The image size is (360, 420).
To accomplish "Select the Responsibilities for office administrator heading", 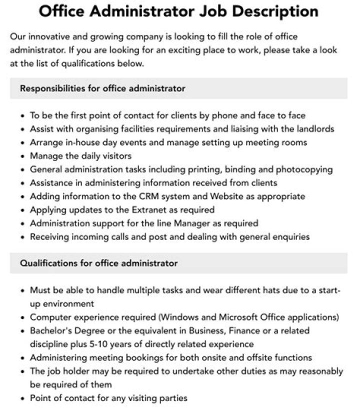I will click(102, 88).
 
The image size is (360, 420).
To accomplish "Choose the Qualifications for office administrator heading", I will click(98, 263).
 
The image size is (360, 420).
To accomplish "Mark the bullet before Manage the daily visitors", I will click(22, 156).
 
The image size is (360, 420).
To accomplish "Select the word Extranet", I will click(149, 210).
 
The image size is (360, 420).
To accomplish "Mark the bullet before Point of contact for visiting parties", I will click(22, 399).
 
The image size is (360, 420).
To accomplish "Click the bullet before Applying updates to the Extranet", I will click(22, 210).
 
